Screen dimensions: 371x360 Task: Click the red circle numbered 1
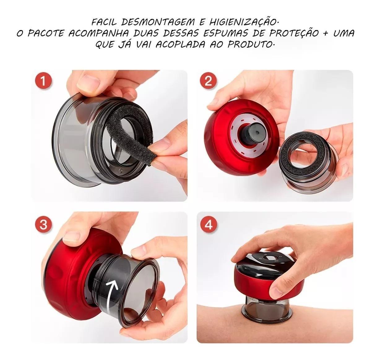point(43,81)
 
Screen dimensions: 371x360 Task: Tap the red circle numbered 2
point(209,81)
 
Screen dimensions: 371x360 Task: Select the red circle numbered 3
point(43,224)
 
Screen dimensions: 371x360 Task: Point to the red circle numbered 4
point(209,224)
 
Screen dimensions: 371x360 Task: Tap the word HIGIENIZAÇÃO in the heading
point(243,22)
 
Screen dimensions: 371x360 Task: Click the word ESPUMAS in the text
point(225,33)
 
